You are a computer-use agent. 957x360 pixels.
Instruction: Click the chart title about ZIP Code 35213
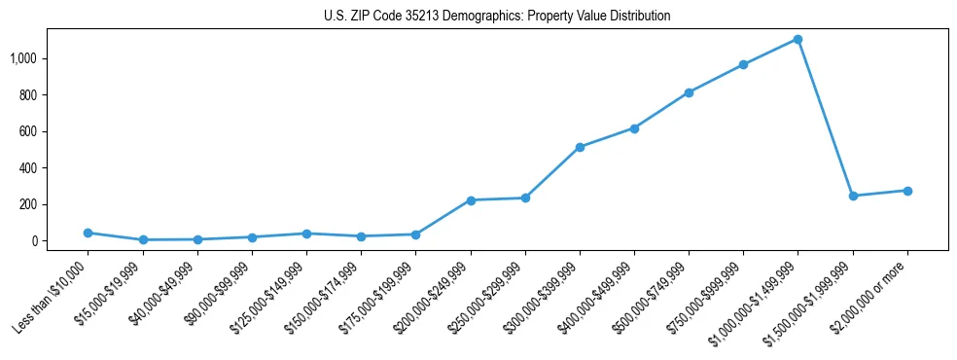(497, 17)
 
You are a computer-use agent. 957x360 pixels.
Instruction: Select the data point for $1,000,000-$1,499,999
(797, 40)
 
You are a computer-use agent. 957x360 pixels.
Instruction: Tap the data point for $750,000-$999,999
(743, 65)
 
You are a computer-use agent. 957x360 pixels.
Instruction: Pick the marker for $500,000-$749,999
(689, 92)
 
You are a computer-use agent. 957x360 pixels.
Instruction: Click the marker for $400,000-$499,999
(634, 128)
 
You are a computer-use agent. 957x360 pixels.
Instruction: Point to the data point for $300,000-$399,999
(580, 147)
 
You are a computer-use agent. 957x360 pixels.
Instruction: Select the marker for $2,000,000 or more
(907, 191)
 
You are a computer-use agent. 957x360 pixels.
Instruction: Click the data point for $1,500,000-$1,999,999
(853, 196)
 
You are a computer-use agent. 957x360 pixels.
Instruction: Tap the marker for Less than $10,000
(89, 233)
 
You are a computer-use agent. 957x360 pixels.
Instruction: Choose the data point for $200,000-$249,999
(471, 200)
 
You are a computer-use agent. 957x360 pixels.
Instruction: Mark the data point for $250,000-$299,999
(525, 198)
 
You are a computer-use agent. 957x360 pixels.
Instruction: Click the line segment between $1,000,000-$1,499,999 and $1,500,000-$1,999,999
(825, 118)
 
